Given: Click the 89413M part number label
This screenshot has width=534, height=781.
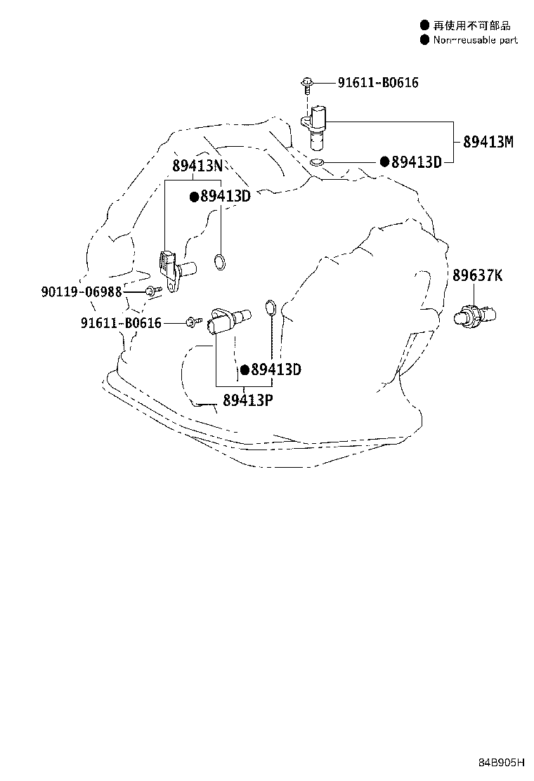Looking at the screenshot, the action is tap(488, 142).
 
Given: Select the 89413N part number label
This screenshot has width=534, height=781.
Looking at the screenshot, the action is tap(197, 165).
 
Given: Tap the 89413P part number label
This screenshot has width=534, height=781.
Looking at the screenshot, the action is tap(247, 400).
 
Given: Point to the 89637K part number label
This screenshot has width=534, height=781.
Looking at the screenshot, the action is tap(477, 275).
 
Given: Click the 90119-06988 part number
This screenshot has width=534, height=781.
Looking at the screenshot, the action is tap(82, 291).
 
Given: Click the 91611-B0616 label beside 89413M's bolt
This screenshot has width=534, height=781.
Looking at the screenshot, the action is tap(378, 83).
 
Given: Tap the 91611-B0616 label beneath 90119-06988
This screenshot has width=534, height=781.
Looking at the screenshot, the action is tap(121, 323).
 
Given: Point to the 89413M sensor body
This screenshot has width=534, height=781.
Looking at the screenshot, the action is tap(315, 127).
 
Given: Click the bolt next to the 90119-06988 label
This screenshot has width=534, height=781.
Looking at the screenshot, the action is tap(153, 290).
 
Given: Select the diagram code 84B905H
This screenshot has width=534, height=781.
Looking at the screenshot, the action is tap(502, 762).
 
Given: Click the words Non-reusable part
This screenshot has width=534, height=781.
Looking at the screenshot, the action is tap(475, 40).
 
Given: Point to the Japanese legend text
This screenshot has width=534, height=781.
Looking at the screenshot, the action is tap(471, 25).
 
